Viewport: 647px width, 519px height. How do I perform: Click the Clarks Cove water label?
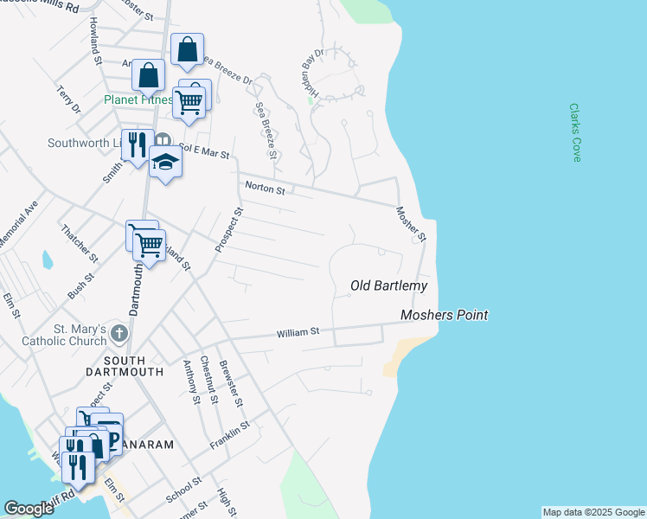(575, 132)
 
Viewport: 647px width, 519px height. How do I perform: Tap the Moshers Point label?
(445, 316)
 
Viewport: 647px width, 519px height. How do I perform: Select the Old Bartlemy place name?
(389, 285)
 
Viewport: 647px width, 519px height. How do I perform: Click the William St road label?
(298, 332)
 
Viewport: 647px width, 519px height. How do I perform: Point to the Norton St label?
(265, 186)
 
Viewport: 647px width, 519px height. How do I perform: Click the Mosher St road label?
(412, 223)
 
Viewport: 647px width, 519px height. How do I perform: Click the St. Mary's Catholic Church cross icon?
(119, 333)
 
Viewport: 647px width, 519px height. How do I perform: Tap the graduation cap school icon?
(165, 162)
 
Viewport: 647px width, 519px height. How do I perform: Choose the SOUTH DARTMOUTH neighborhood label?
(134, 365)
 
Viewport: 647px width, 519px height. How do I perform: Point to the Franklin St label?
(229, 435)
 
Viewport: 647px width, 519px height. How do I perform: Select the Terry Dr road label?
(68, 99)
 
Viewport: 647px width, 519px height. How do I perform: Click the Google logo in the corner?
(29, 509)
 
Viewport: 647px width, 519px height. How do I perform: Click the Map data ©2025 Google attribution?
(593, 512)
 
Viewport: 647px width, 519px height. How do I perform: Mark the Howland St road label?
(94, 39)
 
